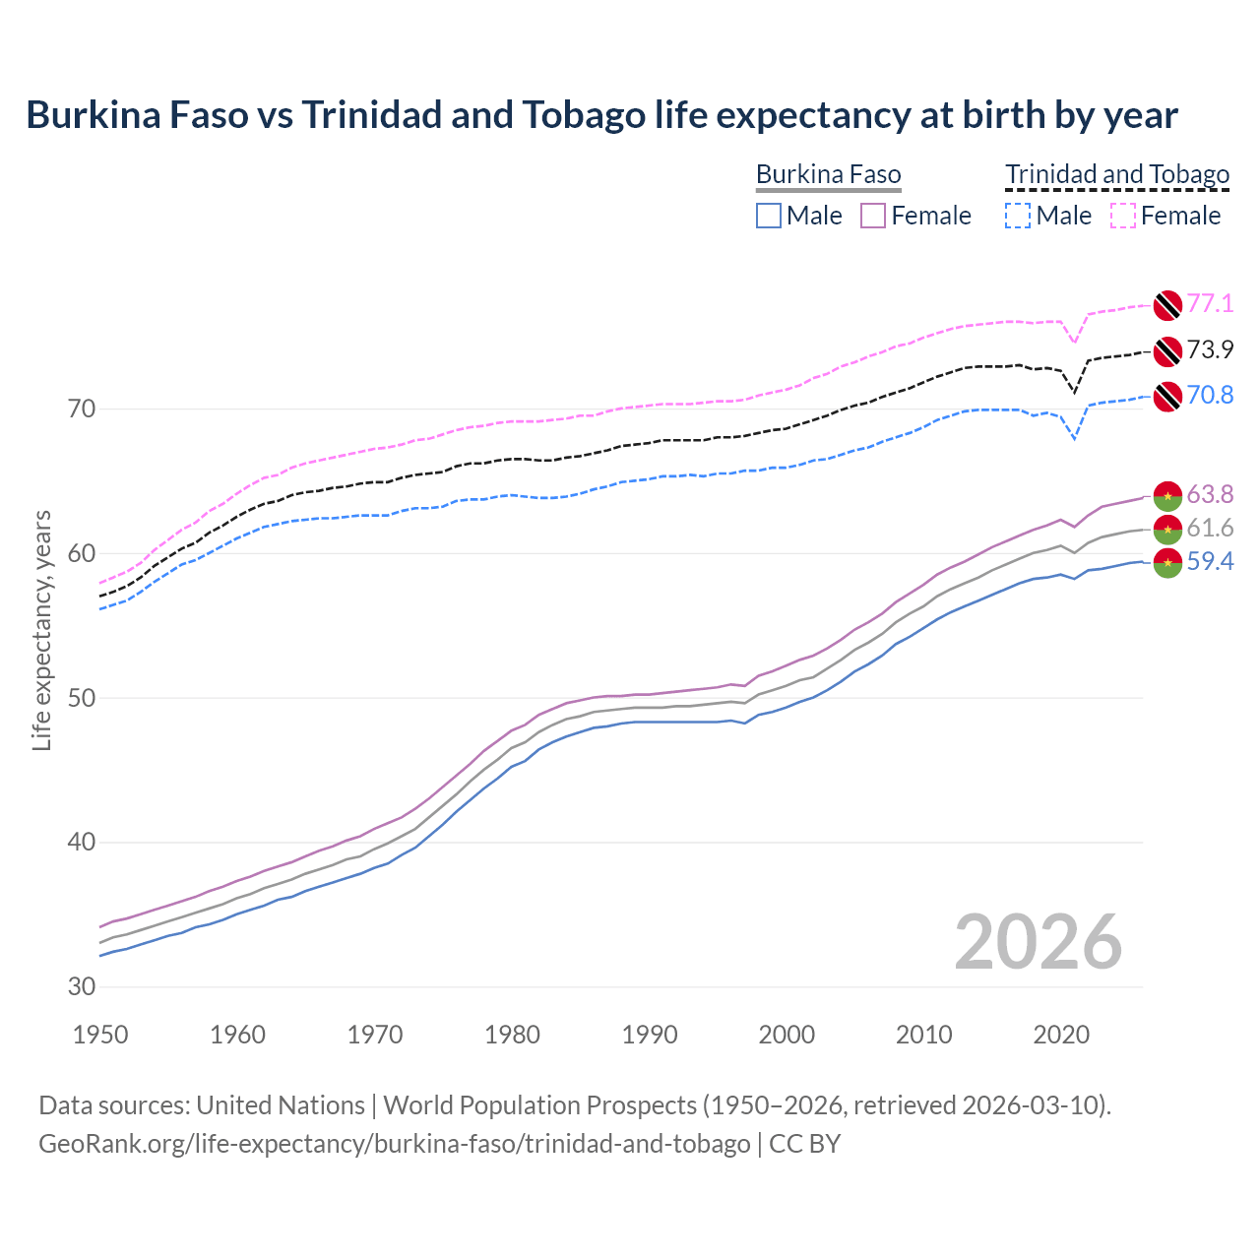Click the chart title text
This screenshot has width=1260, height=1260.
point(601,115)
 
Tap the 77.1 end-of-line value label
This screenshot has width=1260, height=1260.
point(1210,303)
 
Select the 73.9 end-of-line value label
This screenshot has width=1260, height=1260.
point(1210,349)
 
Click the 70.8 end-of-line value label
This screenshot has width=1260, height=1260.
point(1210,395)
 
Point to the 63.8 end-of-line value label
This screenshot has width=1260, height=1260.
point(1210,494)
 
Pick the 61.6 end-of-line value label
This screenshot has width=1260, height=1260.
point(1210,529)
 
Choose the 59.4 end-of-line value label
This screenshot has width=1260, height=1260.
point(1210,562)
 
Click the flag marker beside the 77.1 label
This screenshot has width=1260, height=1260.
point(1167,305)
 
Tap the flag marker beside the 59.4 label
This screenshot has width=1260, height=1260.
point(1167,564)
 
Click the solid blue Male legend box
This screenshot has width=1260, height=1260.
point(769,216)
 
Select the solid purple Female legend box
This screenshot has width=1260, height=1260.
point(873,216)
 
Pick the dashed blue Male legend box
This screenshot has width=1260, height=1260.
point(1018,216)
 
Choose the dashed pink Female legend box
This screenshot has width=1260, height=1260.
point(1123,216)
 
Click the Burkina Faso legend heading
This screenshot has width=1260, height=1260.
point(828,175)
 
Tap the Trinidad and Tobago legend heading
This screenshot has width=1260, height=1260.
point(1117,175)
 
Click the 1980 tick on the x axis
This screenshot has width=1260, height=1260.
point(512,1035)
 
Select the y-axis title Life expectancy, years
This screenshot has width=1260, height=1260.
point(41,630)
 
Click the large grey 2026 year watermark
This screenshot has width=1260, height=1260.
point(1039,942)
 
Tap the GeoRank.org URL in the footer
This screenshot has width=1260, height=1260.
point(394,1144)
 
